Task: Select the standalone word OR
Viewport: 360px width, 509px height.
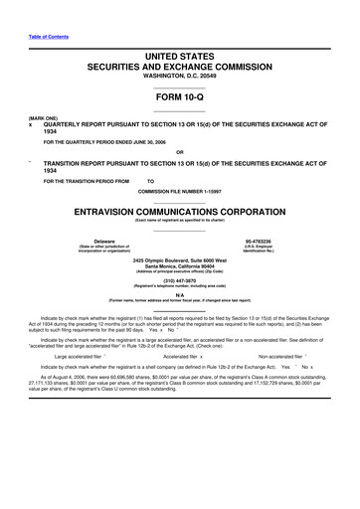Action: coord(179,152)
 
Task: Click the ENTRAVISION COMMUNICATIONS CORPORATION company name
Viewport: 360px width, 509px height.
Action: coord(179,212)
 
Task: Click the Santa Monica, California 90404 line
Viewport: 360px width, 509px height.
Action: coord(179,265)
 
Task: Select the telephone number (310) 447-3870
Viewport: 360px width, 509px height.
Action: coord(179,280)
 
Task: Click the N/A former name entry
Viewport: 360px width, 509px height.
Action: coord(179,295)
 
